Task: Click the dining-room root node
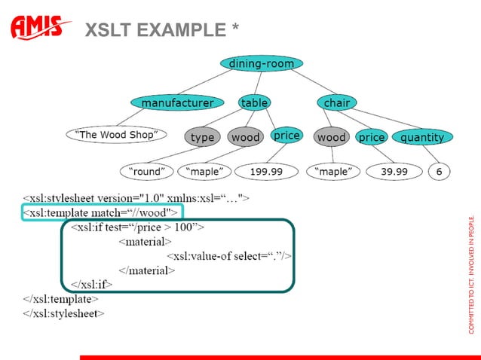(x=261, y=64)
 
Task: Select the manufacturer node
(x=177, y=102)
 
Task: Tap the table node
(x=255, y=102)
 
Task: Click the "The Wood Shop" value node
(x=115, y=135)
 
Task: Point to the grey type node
(x=202, y=138)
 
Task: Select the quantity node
(x=422, y=138)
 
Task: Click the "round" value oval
(x=147, y=172)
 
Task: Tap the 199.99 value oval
(x=266, y=172)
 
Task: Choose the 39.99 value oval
(x=394, y=172)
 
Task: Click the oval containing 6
(x=438, y=172)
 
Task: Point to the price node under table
(x=286, y=136)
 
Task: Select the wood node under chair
(x=331, y=138)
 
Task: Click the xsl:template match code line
(x=101, y=212)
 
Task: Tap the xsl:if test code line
(x=136, y=226)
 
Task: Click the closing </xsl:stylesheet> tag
(x=64, y=313)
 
